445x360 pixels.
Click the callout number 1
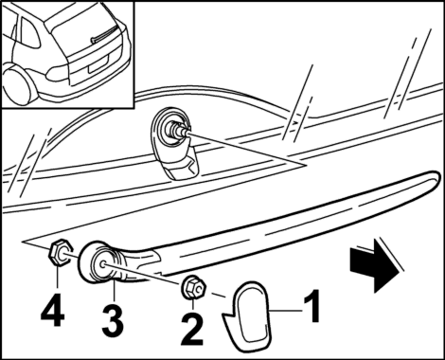(x=311, y=306)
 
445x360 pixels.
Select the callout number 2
(x=192, y=329)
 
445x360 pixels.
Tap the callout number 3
(x=113, y=321)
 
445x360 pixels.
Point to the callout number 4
(x=52, y=310)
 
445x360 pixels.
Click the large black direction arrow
(x=373, y=265)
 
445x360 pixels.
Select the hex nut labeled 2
(x=194, y=287)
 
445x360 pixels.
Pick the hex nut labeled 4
(x=59, y=252)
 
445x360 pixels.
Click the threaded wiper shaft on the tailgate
(x=178, y=130)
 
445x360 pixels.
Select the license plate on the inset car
(x=98, y=64)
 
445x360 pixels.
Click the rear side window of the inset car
(x=30, y=32)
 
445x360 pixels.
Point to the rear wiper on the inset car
(x=103, y=34)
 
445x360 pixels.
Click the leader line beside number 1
(x=285, y=312)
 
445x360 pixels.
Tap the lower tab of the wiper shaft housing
(x=179, y=168)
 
